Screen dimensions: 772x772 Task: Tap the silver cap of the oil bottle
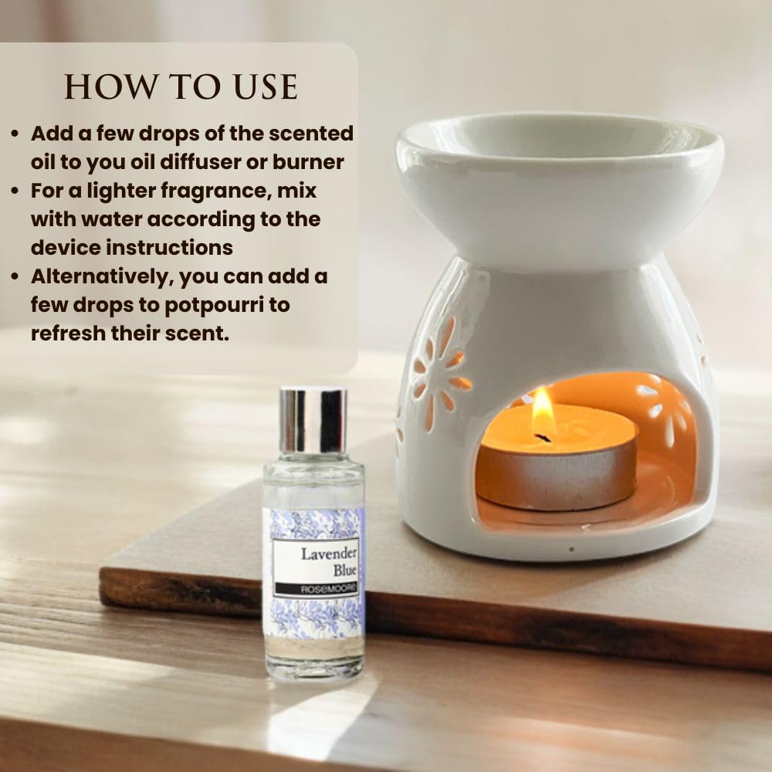tap(313, 421)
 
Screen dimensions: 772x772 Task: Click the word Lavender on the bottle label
tap(328, 554)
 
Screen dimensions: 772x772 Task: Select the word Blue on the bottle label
tap(344, 571)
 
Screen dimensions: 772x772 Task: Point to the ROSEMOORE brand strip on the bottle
tap(317, 589)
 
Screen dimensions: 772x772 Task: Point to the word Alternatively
tap(100, 277)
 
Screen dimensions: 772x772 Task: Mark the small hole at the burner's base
tap(571, 548)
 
